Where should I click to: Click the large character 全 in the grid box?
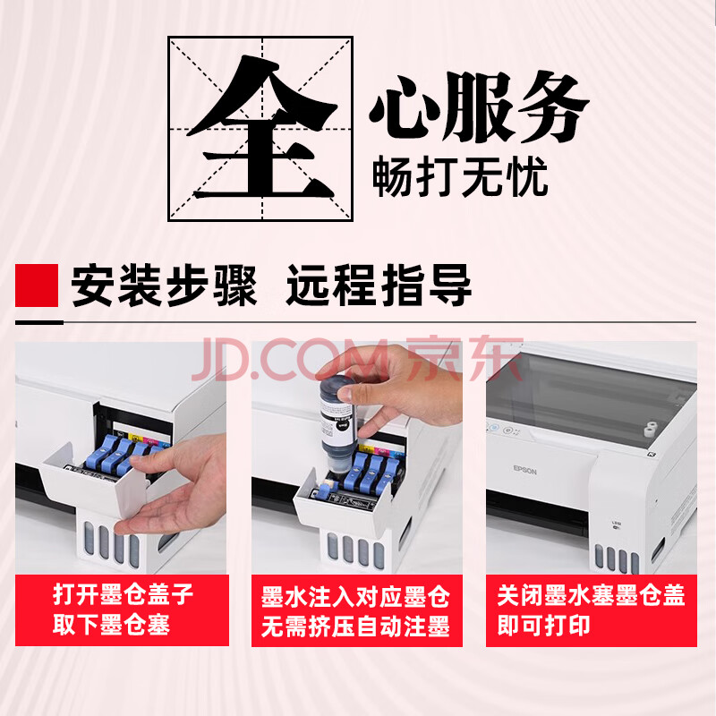click(261, 128)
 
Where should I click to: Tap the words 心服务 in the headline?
click(479, 107)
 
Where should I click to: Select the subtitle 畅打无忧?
click(460, 176)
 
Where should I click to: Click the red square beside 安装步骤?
click(37, 286)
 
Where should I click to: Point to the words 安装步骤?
click(164, 286)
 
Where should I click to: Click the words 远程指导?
click(379, 286)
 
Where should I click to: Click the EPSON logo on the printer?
click(524, 470)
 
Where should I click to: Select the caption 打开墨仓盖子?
click(124, 594)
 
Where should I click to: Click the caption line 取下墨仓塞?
click(111, 624)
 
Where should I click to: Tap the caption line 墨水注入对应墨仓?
click(355, 597)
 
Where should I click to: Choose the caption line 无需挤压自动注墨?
click(355, 626)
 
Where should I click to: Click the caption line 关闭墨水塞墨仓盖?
click(591, 595)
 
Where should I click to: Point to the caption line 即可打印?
click(543, 625)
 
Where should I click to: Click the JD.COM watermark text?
click(294, 360)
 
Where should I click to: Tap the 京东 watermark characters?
click(465, 359)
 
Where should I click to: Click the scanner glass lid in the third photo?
click(589, 397)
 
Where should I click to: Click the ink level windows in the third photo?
click(617, 560)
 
